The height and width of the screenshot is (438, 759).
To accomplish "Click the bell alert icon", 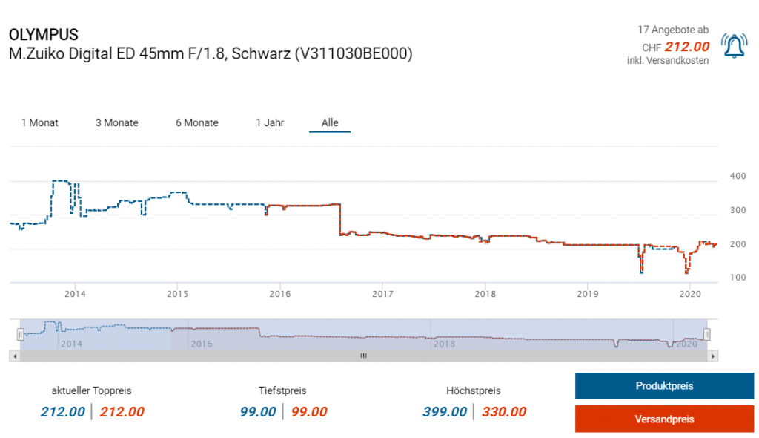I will [735, 47].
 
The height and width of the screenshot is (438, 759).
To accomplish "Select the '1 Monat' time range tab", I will [39, 122].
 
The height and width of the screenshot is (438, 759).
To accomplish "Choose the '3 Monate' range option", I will [116, 122].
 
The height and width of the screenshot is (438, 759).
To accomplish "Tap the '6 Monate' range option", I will [196, 122].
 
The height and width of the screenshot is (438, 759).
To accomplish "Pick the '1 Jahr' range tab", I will [270, 122].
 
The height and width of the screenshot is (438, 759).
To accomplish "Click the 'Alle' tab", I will [330, 122].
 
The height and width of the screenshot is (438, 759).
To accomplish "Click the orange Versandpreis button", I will [664, 419].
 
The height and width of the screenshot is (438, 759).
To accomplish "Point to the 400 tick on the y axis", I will [738, 177].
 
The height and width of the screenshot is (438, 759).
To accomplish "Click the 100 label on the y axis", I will [738, 278].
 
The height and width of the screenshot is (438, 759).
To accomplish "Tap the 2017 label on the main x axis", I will [382, 294].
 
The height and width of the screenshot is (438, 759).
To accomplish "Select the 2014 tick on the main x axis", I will [75, 294].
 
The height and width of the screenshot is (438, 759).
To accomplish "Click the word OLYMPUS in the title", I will [43, 35].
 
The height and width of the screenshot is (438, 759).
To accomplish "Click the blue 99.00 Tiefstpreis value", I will [257, 412].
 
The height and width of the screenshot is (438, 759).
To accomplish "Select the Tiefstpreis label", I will [282, 390].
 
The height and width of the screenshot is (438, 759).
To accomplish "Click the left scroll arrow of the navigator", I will [13, 356].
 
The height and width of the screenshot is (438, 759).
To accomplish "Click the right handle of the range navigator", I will [707, 334].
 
